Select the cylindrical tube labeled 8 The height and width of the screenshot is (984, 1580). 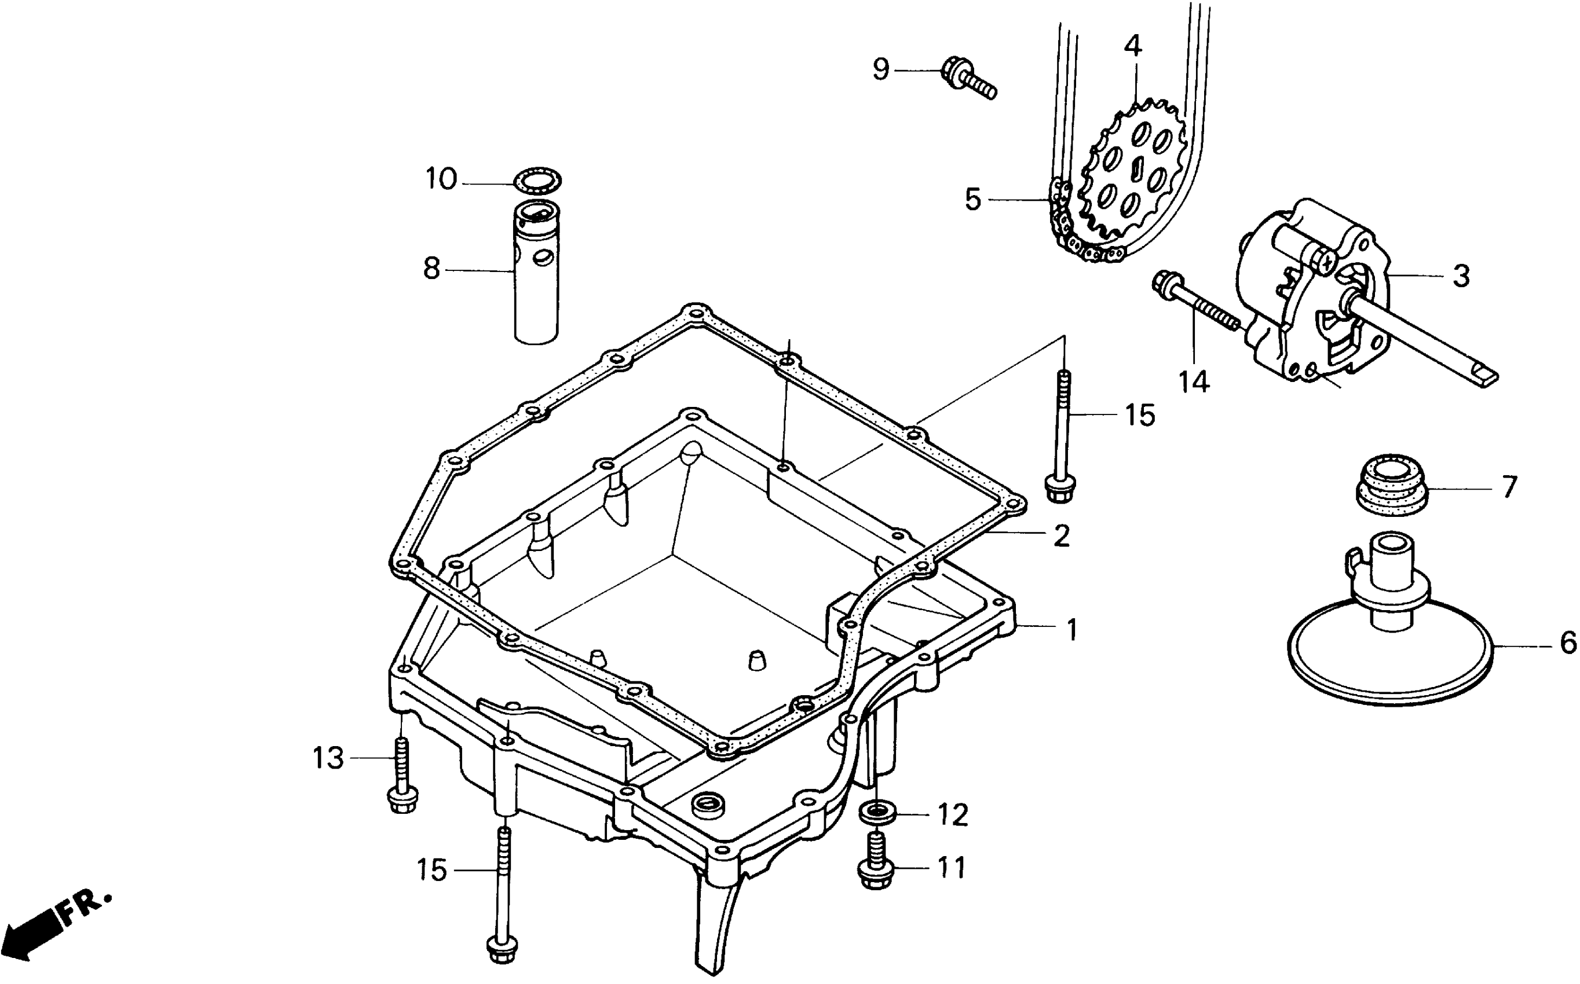[x=536, y=273]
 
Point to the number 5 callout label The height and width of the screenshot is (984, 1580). [x=972, y=200]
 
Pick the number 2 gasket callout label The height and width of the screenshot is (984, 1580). [x=1061, y=535]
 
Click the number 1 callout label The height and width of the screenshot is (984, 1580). [x=1071, y=629]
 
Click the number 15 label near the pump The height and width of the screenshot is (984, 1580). [x=1140, y=415]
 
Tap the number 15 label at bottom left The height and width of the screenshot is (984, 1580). [x=432, y=870]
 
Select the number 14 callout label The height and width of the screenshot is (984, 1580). [x=1194, y=382]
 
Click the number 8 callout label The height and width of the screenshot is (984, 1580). [x=431, y=268]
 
